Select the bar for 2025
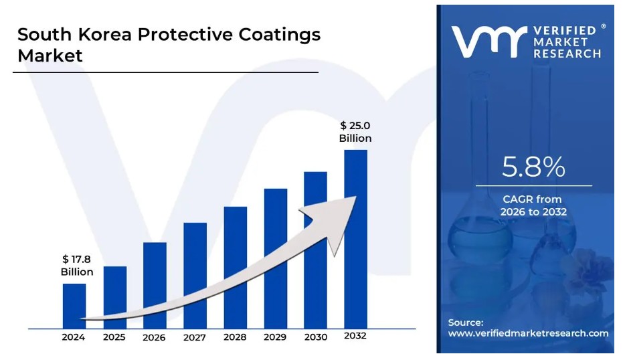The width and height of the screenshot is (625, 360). click(x=114, y=297)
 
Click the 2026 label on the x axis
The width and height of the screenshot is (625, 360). click(x=154, y=337)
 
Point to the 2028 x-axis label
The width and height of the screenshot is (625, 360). click(x=235, y=337)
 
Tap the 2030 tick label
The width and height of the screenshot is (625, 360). click(x=315, y=337)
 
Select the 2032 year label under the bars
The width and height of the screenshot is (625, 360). click(x=355, y=337)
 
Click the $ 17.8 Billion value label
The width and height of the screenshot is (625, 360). click(x=77, y=265)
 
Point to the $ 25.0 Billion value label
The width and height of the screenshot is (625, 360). click(x=355, y=131)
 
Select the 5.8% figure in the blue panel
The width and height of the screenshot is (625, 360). click(x=533, y=167)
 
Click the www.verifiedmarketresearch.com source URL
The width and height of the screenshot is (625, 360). click(x=528, y=333)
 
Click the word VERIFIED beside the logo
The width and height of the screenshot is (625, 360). click(x=564, y=31)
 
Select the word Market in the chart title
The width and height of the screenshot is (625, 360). click(x=50, y=56)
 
